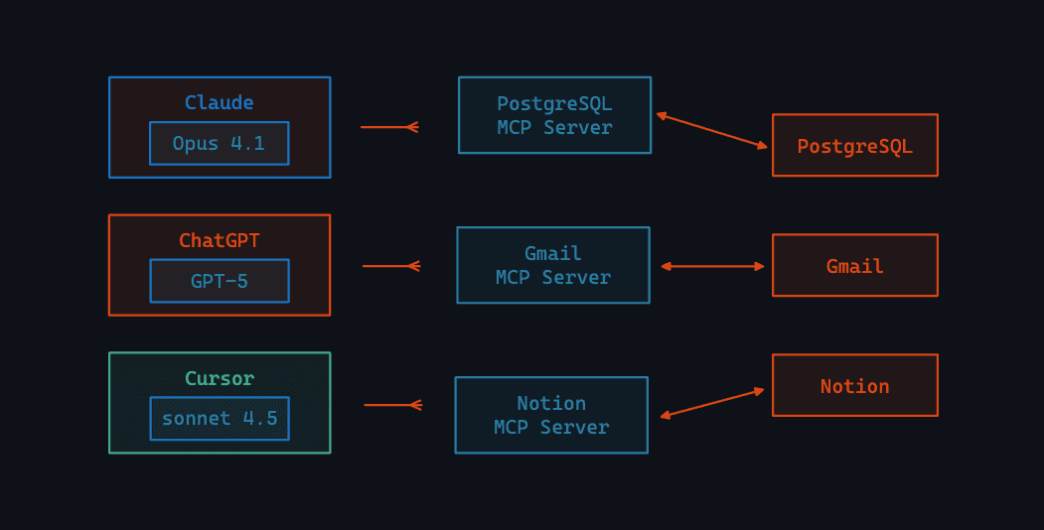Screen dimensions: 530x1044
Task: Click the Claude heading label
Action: pos(219,102)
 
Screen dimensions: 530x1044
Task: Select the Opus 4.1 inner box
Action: pos(219,143)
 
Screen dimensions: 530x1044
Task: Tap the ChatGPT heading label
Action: pos(219,240)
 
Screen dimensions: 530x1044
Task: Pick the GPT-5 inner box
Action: pos(219,281)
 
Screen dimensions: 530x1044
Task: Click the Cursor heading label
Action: pos(219,378)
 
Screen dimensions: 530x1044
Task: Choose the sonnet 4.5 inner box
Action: pos(219,418)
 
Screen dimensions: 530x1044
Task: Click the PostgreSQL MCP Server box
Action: pos(554,115)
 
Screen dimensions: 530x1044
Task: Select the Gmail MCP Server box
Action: pos(553,265)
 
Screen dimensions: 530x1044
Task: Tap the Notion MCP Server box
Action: pos(551,415)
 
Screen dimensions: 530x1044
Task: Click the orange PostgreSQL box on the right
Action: pos(854,146)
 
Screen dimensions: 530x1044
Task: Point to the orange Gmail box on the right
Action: pos(854,266)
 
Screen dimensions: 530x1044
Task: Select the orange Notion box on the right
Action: pos(854,386)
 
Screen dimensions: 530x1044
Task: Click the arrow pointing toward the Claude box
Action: pos(389,127)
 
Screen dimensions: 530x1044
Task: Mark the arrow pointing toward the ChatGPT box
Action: pos(391,266)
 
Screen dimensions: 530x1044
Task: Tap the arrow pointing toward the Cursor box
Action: pos(393,405)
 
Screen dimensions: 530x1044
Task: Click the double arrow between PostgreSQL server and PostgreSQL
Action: pos(712,131)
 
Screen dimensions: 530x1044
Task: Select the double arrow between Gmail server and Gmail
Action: pos(712,266)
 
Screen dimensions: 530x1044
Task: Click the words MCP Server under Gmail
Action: pos(553,278)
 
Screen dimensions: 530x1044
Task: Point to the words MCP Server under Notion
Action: pos(551,428)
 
